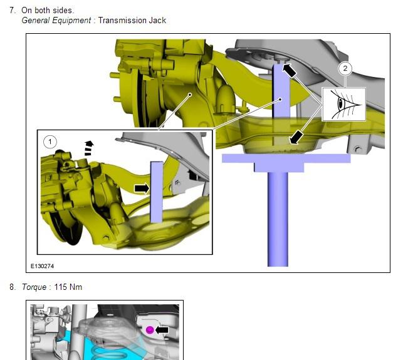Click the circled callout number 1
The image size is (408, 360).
tap(51, 141)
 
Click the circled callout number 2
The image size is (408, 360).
tap(346, 69)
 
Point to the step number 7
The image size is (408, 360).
tap(13, 11)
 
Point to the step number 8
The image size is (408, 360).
tap(13, 287)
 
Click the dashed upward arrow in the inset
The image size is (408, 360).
tap(88, 148)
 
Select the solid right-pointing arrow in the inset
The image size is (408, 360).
tap(142, 188)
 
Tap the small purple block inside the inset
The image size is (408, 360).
tap(157, 191)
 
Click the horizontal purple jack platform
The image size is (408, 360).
tap(286, 158)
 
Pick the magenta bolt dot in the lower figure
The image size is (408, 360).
tap(150, 330)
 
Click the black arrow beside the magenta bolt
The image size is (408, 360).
tap(164, 329)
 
